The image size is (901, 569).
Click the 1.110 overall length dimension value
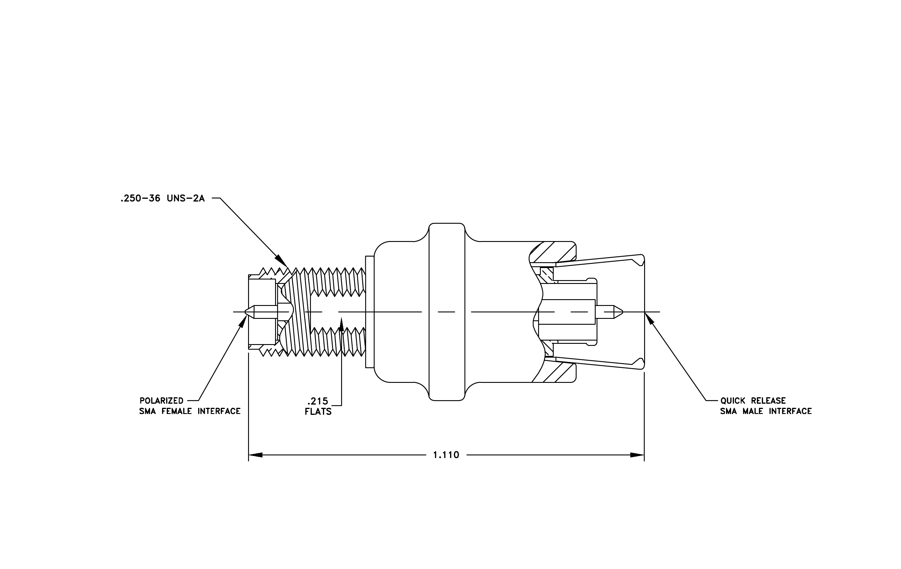click(446, 455)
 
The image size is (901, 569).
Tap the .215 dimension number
click(318, 401)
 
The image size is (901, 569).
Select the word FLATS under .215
click(318, 412)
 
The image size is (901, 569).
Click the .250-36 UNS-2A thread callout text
click(162, 198)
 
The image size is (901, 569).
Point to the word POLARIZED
click(161, 401)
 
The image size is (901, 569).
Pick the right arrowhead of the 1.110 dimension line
click(637, 455)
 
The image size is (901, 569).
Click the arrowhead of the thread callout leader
click(282, 262)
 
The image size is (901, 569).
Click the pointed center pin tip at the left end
click(245, 312)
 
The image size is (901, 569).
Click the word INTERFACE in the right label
click(790, 411)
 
